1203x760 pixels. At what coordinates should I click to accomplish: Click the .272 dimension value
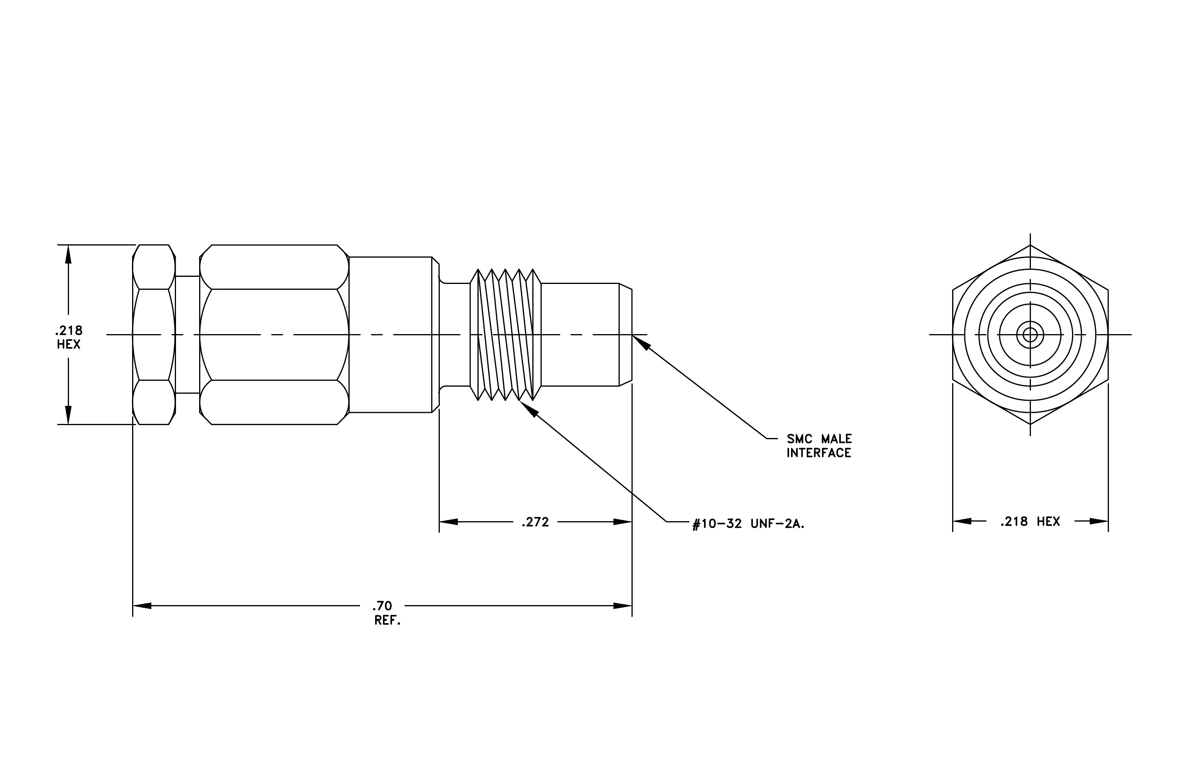pos(535,522)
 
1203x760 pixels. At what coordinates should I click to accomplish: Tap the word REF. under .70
pos(388,621)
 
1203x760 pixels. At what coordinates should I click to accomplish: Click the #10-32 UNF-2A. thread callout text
pos(748,524)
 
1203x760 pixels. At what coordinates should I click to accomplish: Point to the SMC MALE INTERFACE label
pos(819,446)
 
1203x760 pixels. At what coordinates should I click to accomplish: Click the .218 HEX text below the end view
pos(1030,522)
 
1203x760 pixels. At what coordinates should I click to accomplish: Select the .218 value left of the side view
pos(69,330)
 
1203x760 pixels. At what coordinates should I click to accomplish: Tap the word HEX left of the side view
pos(69,344)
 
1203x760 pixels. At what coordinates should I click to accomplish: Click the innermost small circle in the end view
pos(1030,334)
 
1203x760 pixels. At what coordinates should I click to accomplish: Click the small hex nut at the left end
pos(154,334)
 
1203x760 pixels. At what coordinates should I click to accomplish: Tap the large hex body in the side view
pos(274,334)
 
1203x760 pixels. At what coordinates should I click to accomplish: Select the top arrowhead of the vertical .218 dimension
pos(69,255)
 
